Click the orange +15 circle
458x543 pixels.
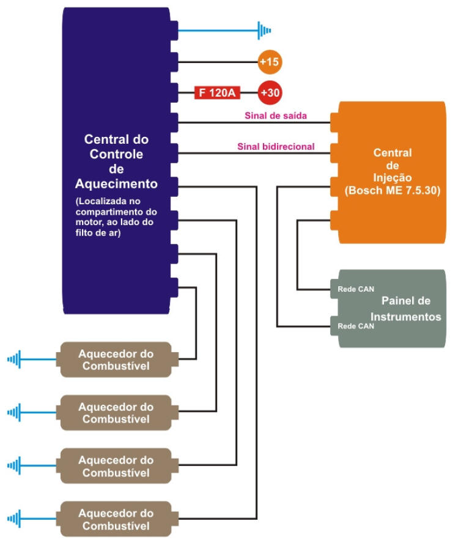(270, 61)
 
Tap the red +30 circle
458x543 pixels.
(269, 93)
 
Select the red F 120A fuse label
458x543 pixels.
(217, 93)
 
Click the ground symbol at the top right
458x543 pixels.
(264, 29)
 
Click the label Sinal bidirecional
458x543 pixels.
(275, 146)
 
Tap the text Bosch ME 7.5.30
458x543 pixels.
(392, 190)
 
